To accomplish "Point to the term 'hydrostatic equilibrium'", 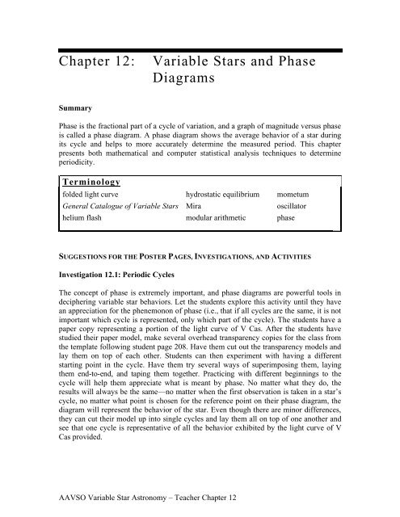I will [223, 196].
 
